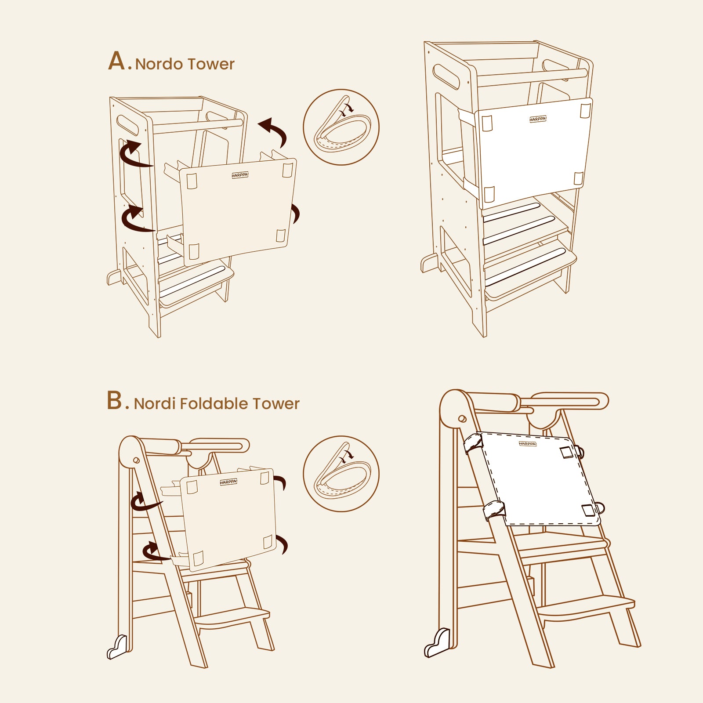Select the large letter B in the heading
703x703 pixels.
[115, 401]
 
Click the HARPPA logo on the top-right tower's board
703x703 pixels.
[537, 119]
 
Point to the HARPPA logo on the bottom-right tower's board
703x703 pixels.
[527, 444]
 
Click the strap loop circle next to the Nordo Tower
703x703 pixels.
[341, 127]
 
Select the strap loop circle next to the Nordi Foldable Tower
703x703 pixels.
[341, 474]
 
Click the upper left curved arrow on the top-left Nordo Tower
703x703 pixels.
[133, 155]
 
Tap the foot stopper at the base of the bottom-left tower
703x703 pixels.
[117, 648]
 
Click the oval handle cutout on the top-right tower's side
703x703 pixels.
[446, 76]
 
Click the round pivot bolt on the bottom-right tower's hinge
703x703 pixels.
[462, 419]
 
